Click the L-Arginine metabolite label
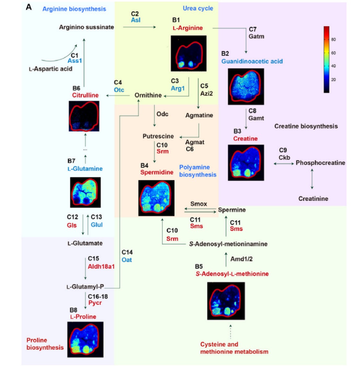pos(188,28)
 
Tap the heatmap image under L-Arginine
pos(189,53)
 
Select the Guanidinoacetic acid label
pos(252,61)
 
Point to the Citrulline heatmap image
pos(84,116)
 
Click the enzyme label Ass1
pos(75,61)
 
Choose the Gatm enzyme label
pos(257,36)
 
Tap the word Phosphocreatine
pos(320,163)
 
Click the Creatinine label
pos(313,199)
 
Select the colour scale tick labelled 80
pos(333,40)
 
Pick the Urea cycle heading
pos(198,8)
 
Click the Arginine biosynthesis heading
pos(74,9)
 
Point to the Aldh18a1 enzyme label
pos(101,266)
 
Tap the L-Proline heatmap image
pos(85,340)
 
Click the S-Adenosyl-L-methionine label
pos(232,274)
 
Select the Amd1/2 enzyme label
pos(241,259)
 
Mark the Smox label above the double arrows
pos(199,204)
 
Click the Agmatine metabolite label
pos(199,115)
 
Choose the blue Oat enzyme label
pos(127,260)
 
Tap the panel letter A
pos(29,7)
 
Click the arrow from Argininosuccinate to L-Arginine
pos(140,27)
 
